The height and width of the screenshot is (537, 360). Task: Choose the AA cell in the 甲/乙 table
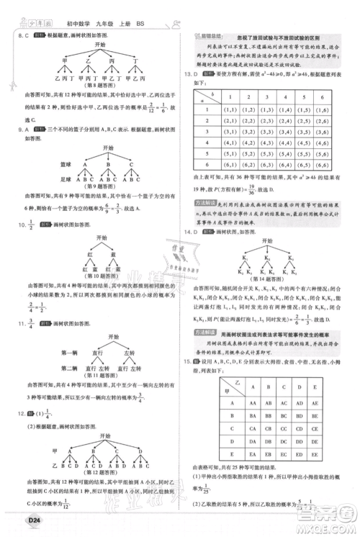tap(251, 402)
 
